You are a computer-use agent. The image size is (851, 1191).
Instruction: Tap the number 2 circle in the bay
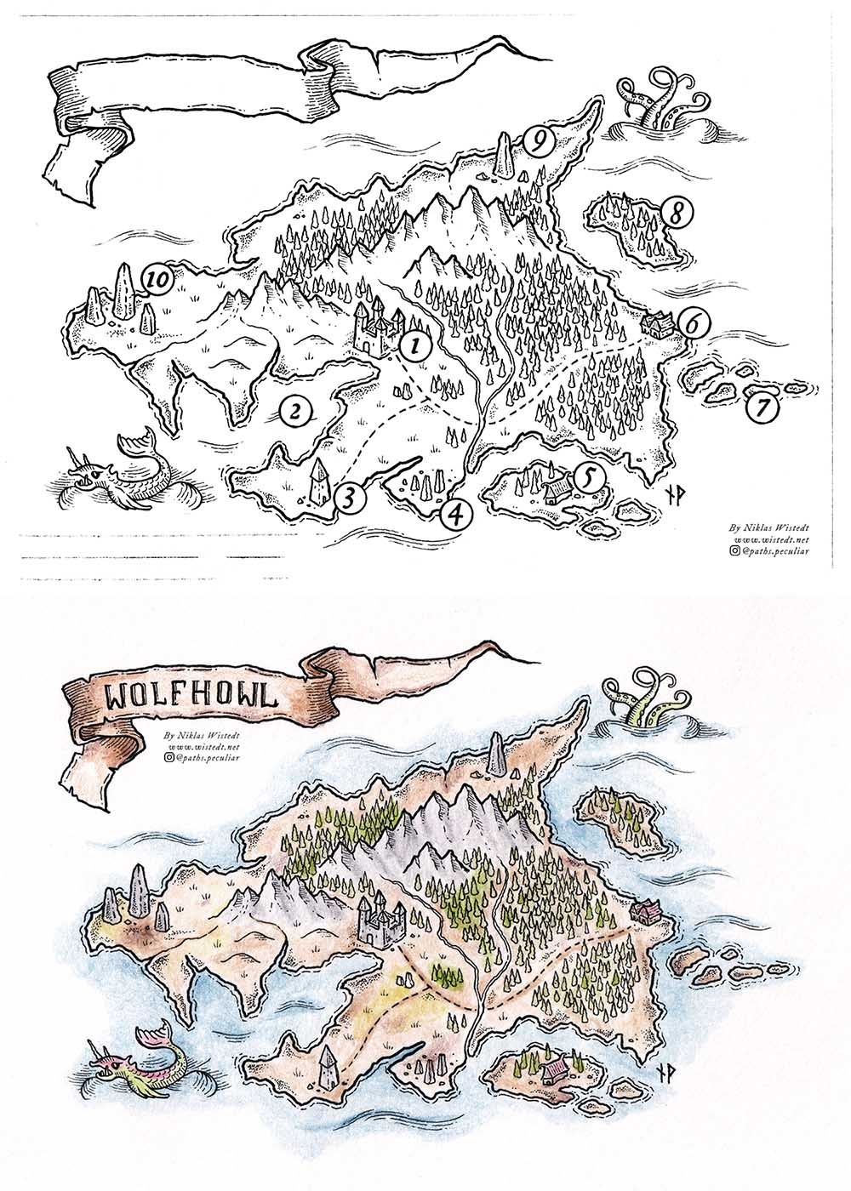click(x=295, y=413)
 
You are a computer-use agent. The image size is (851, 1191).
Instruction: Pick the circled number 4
click(x=457, y=513)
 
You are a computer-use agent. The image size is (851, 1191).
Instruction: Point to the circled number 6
click(x=695, y=324)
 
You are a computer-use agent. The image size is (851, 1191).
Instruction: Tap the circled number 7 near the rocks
click(x=763, y=408)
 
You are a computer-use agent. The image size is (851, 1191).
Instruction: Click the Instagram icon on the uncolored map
click(x=734, y=551)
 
